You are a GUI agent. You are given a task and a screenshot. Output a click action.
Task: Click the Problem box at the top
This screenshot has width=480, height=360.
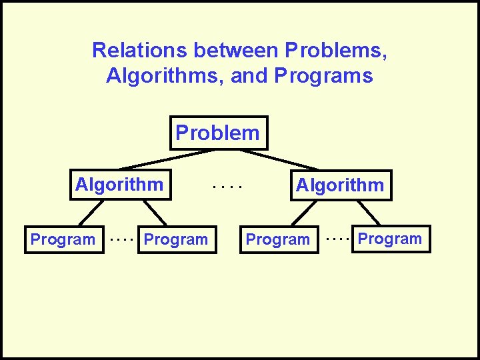coord(218,133)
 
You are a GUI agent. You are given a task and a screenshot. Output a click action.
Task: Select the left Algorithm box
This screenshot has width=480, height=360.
coord(119,184)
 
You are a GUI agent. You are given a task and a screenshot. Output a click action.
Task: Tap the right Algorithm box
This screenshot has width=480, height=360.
coord(340,185)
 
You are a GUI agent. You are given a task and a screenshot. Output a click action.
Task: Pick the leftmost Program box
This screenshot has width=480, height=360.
coord(64,239)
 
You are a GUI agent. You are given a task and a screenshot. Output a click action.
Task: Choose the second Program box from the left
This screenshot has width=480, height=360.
coord(177,239)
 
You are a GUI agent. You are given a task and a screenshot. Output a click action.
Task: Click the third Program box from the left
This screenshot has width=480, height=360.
coord(278,239)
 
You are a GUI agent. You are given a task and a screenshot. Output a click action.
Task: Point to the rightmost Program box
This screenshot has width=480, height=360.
coord(391,239)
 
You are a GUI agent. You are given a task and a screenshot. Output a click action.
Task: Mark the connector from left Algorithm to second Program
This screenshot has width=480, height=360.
coord(155,213)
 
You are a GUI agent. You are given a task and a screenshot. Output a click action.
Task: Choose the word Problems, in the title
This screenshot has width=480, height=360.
coord(337,50)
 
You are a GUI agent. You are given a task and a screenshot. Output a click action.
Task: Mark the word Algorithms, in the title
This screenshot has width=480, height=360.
coord(165,76)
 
